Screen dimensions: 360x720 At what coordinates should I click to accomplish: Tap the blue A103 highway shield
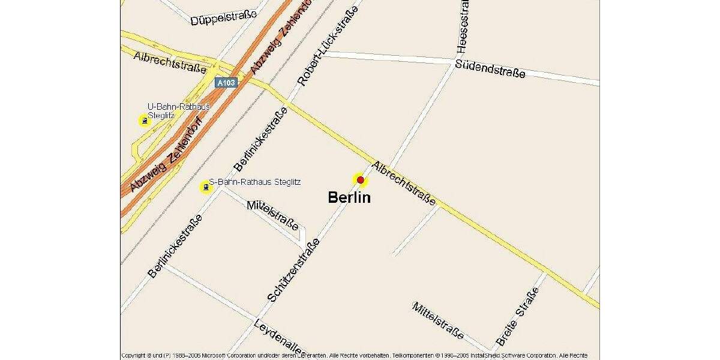226,83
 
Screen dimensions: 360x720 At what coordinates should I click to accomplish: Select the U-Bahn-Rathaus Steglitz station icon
145,121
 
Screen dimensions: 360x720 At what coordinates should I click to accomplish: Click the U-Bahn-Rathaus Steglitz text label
178,110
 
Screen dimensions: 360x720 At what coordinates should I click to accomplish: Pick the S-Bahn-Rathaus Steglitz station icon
206,187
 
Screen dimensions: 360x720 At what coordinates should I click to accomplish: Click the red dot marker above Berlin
360,179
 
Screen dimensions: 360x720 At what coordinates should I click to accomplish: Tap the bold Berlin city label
349,197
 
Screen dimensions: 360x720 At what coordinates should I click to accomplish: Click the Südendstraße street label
490,68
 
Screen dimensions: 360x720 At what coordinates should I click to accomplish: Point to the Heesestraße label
463,25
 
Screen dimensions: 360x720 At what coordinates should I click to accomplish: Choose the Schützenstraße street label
293,270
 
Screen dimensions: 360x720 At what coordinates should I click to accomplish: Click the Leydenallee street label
280,336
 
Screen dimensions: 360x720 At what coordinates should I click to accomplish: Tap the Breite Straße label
517,317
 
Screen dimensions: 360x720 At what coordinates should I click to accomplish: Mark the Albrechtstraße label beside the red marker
404,184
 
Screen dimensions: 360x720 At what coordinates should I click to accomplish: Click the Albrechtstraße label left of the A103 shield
170,61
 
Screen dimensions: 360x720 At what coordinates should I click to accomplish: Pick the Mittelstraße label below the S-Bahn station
272,215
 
